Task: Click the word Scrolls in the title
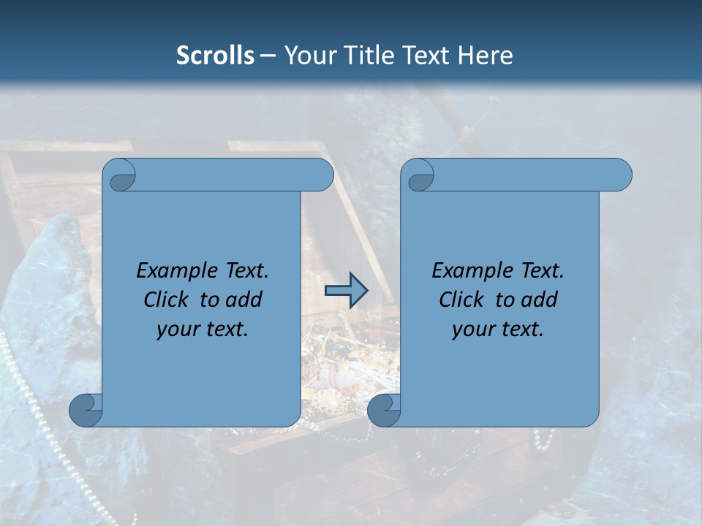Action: [216, 56]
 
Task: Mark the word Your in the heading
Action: [310, 56]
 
